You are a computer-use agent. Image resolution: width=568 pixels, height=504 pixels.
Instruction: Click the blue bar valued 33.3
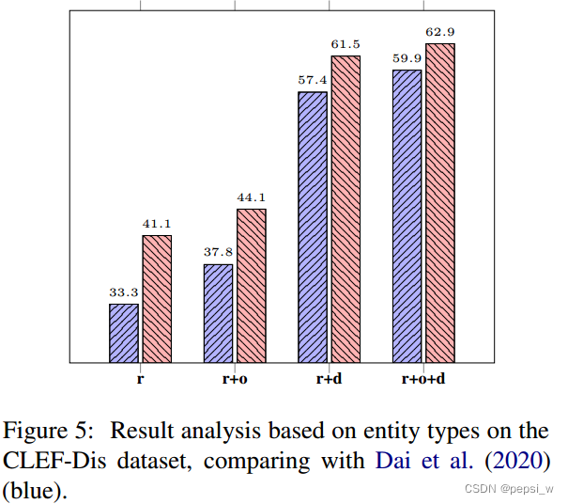tap(124, 333)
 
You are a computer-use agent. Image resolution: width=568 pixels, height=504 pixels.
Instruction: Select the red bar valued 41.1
tap(157, 298)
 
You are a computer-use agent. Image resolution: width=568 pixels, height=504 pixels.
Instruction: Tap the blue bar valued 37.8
tap(218, 313)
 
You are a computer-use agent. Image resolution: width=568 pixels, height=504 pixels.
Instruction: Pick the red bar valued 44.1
tap(251, 285)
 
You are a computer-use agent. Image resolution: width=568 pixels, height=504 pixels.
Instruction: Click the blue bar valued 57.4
tap(313, 227)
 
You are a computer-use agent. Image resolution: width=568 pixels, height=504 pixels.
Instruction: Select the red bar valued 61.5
tap(345, 209)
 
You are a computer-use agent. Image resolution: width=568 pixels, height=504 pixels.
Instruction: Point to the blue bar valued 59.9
tap(407, 215)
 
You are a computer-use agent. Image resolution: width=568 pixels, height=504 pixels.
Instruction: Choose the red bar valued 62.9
tap(439, 202)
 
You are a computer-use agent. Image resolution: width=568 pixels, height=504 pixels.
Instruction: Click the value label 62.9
tap(439, 33)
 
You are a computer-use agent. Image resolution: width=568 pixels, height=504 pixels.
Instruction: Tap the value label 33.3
tap(124, 292)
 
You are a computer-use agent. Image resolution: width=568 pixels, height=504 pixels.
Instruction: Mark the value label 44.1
tap(251, 197)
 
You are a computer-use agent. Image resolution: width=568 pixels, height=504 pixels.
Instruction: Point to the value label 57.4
tap(313, 80)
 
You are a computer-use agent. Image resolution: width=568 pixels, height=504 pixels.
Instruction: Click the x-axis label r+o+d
tap(422, 380)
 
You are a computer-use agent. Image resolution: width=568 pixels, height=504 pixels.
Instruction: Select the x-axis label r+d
tap(329, 380)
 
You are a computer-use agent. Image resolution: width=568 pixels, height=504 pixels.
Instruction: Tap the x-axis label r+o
tap(235, 380)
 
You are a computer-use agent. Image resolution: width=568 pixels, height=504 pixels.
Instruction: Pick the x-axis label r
tap(140, 380)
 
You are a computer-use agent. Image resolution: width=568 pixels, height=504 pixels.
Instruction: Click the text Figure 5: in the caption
tap(49, 431)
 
